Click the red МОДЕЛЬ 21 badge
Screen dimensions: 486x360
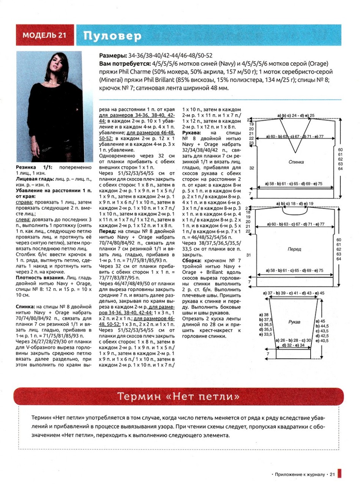pos(45,35)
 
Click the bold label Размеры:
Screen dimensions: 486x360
pos(112,55)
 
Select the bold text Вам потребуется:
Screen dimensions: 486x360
pos(124,63)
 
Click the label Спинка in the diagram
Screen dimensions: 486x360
pos(296,162)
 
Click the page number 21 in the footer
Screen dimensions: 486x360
pos(332,474)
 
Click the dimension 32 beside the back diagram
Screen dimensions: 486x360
pos(251,167)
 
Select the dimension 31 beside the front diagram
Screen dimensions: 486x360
pos(251,255)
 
